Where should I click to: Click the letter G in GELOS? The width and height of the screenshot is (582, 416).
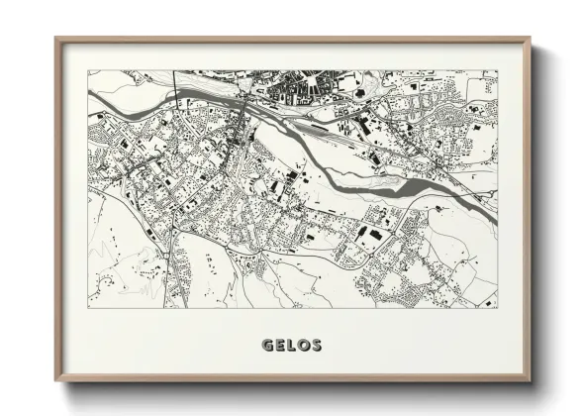[x=267, y=346]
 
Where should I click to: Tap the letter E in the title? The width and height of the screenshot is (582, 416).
[x=280, y=346]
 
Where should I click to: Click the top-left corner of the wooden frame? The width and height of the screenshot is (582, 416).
[x=56, y=39]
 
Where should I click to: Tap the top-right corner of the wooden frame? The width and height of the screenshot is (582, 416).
[x=530, y=39]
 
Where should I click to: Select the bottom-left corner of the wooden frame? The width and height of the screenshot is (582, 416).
[x=56, y=381]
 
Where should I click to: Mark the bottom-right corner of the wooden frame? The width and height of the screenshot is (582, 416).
[x=530, y=381]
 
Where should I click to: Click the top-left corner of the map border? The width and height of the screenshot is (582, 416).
[x=88, y=70]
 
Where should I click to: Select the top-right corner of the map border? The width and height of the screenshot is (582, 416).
[x=498, y=70]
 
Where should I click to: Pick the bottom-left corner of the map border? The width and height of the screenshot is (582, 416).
[x=88, y=308]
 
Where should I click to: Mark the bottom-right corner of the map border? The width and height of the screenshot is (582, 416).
[x=498, y=308]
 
